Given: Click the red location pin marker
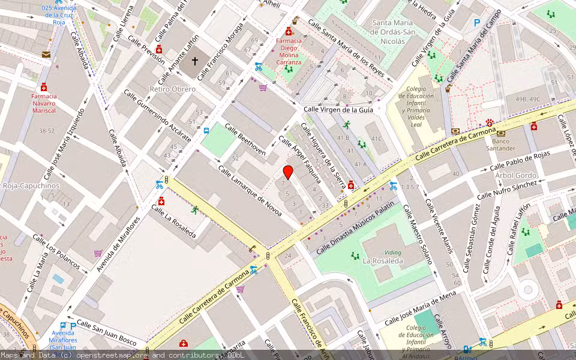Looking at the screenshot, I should (288, 172).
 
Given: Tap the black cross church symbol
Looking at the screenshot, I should (194, 61).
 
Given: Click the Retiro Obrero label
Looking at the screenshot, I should (173, 89).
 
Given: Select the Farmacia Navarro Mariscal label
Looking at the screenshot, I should (44, 103).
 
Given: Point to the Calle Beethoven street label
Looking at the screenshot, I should (245, 139).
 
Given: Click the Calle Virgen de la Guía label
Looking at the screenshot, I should (338, 109).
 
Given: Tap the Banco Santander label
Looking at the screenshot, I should (500, 145).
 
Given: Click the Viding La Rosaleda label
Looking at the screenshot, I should (383, 257).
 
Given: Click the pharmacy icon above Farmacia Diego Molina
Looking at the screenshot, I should (289, 31).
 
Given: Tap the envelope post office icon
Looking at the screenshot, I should (46, 54).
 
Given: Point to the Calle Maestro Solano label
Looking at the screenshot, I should (416, 235).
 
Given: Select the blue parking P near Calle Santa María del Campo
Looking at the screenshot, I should (477, 23).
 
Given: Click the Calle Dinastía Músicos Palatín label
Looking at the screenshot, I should (355, 227).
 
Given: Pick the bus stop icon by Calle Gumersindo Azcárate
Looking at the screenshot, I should (206, 130).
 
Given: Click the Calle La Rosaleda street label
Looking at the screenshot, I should (174, 221).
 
